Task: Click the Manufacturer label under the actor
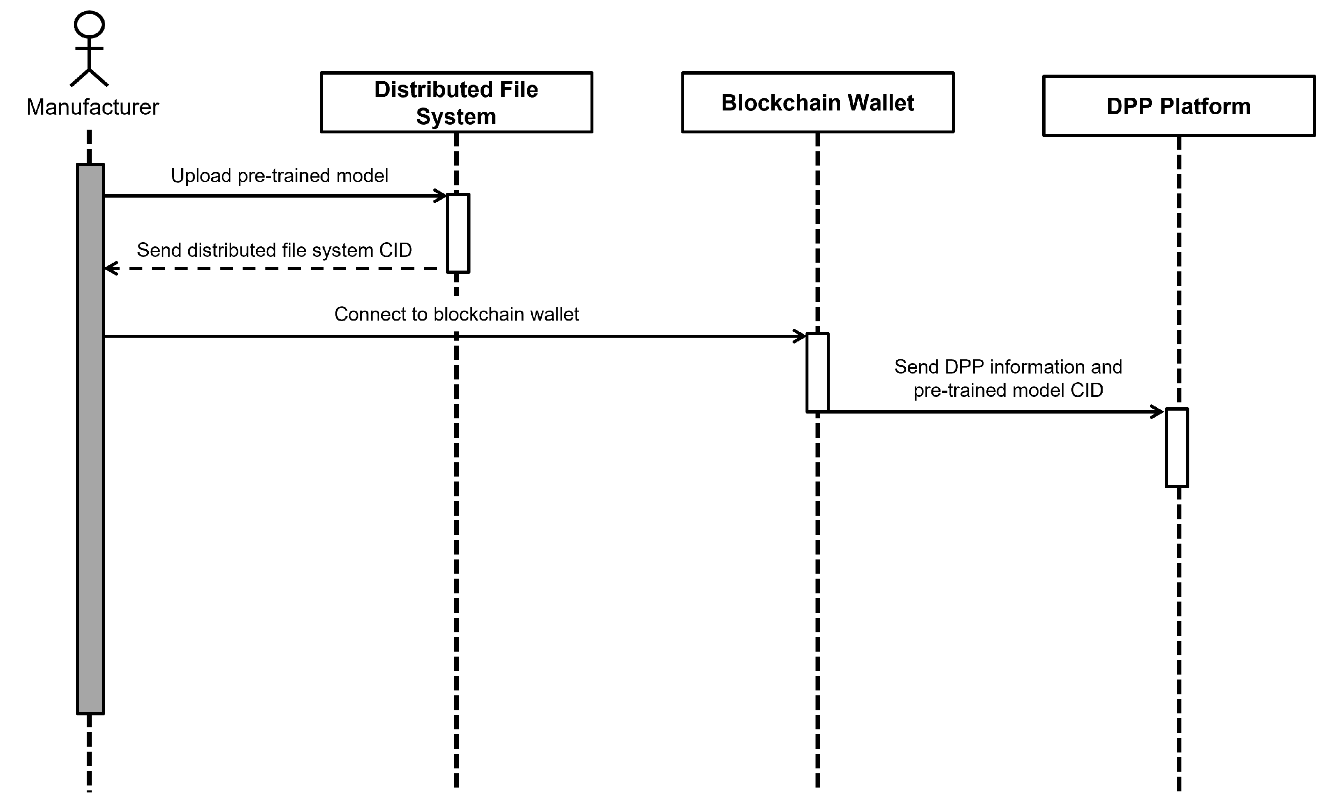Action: [x=93, y=107]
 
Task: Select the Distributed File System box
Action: [x=456, y=103]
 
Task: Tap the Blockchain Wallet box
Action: [x=818, y=103]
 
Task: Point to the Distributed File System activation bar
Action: [x=458, y=233]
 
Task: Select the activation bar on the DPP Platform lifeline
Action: [x=1177, y=447]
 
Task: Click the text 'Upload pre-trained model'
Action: [x=279, y=176]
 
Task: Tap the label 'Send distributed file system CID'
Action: [x=274, y=250]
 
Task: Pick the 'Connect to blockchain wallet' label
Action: [x=456, y=314]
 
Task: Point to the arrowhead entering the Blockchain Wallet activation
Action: [x=801, y=336]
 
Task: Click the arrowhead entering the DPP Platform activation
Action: [x=1158, y=412]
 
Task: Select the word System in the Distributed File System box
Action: [x=456, y=116]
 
